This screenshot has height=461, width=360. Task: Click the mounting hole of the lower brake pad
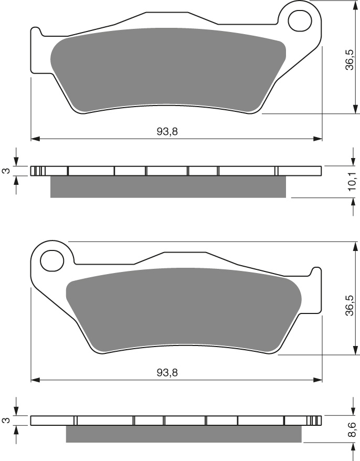point(51,259)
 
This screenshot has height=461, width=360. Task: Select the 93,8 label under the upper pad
point(167,131)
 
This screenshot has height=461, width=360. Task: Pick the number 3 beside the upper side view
point(5,171)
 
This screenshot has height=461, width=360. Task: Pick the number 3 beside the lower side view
point(5,421)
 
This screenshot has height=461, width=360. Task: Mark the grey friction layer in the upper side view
point(168,187)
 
